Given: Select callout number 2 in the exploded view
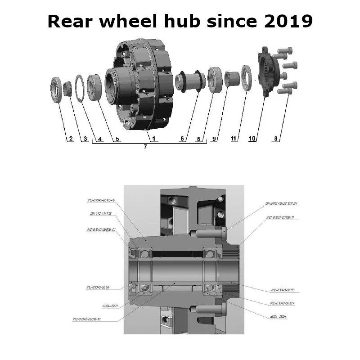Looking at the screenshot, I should (70, 139).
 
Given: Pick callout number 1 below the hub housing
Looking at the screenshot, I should (153, 139).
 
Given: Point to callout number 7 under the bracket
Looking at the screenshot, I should (145, 147).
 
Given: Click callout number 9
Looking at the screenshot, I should (214, 139).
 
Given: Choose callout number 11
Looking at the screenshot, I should (234, 139).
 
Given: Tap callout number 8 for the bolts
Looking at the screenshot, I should (275, 139).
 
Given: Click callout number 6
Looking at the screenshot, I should (182, 139).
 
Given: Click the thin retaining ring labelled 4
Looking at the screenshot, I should (80, 89).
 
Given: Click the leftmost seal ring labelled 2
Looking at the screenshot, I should (56, 90).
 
